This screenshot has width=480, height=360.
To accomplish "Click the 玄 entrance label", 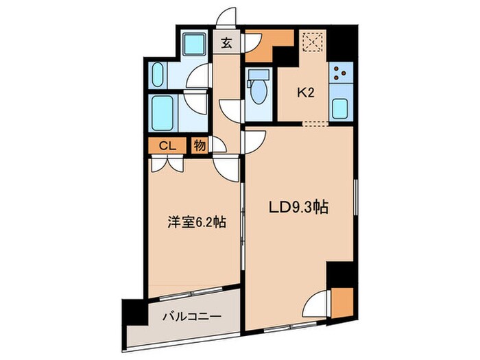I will pyautogui.click(x=225, y=41).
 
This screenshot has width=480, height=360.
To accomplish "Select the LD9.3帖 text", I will pyautogui.click(x=299, y=206).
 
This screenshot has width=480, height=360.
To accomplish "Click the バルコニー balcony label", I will pyautogui.click(x=191, y=317).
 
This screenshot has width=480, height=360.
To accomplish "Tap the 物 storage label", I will pyautogui.click(x=197, y=145).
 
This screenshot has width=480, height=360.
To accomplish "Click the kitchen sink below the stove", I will pyautogui.click(x=340, y=107).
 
